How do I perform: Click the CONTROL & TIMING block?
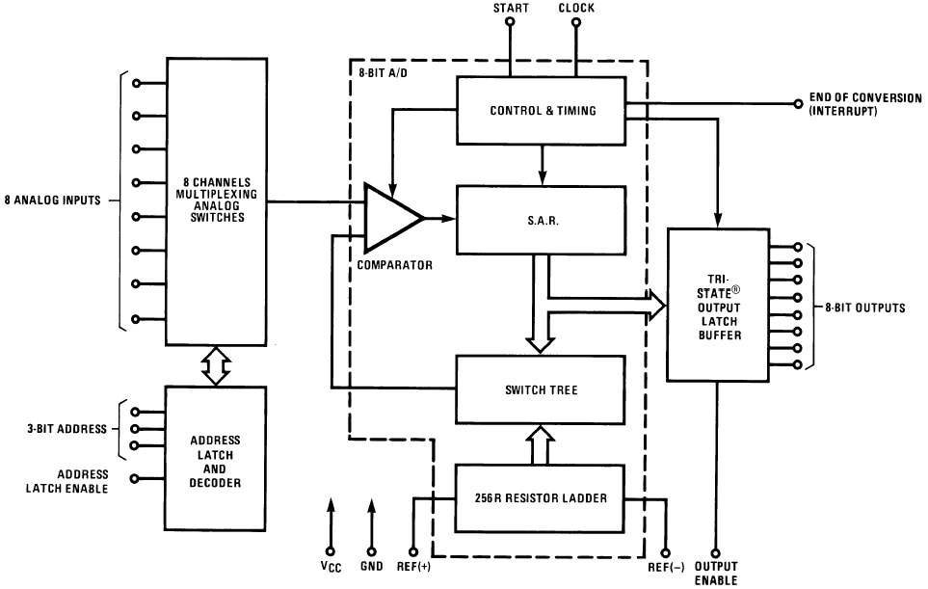[541, 110]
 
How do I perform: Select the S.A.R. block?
[541, 220]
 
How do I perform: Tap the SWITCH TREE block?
[541, 389]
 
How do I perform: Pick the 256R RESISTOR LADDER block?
[541, 498]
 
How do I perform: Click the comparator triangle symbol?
[392, 218]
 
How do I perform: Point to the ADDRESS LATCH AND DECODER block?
[216, 458]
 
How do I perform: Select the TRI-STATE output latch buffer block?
[719, 305]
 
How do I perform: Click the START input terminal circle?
[510, 22]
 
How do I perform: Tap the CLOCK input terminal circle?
[576, 22]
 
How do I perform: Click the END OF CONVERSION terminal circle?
[798, 103]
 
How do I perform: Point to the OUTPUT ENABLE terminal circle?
[716, 553]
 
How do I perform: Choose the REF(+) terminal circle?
[413, 552]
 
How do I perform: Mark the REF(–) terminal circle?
[666, 553]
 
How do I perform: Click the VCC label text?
[331, 567]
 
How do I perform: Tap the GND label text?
[372, 566]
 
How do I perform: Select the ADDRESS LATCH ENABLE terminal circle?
[134, 478]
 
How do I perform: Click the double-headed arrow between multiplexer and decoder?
[216, 365]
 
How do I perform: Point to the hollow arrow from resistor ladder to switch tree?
[541, 444]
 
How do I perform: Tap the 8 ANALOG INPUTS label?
[53, 201]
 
